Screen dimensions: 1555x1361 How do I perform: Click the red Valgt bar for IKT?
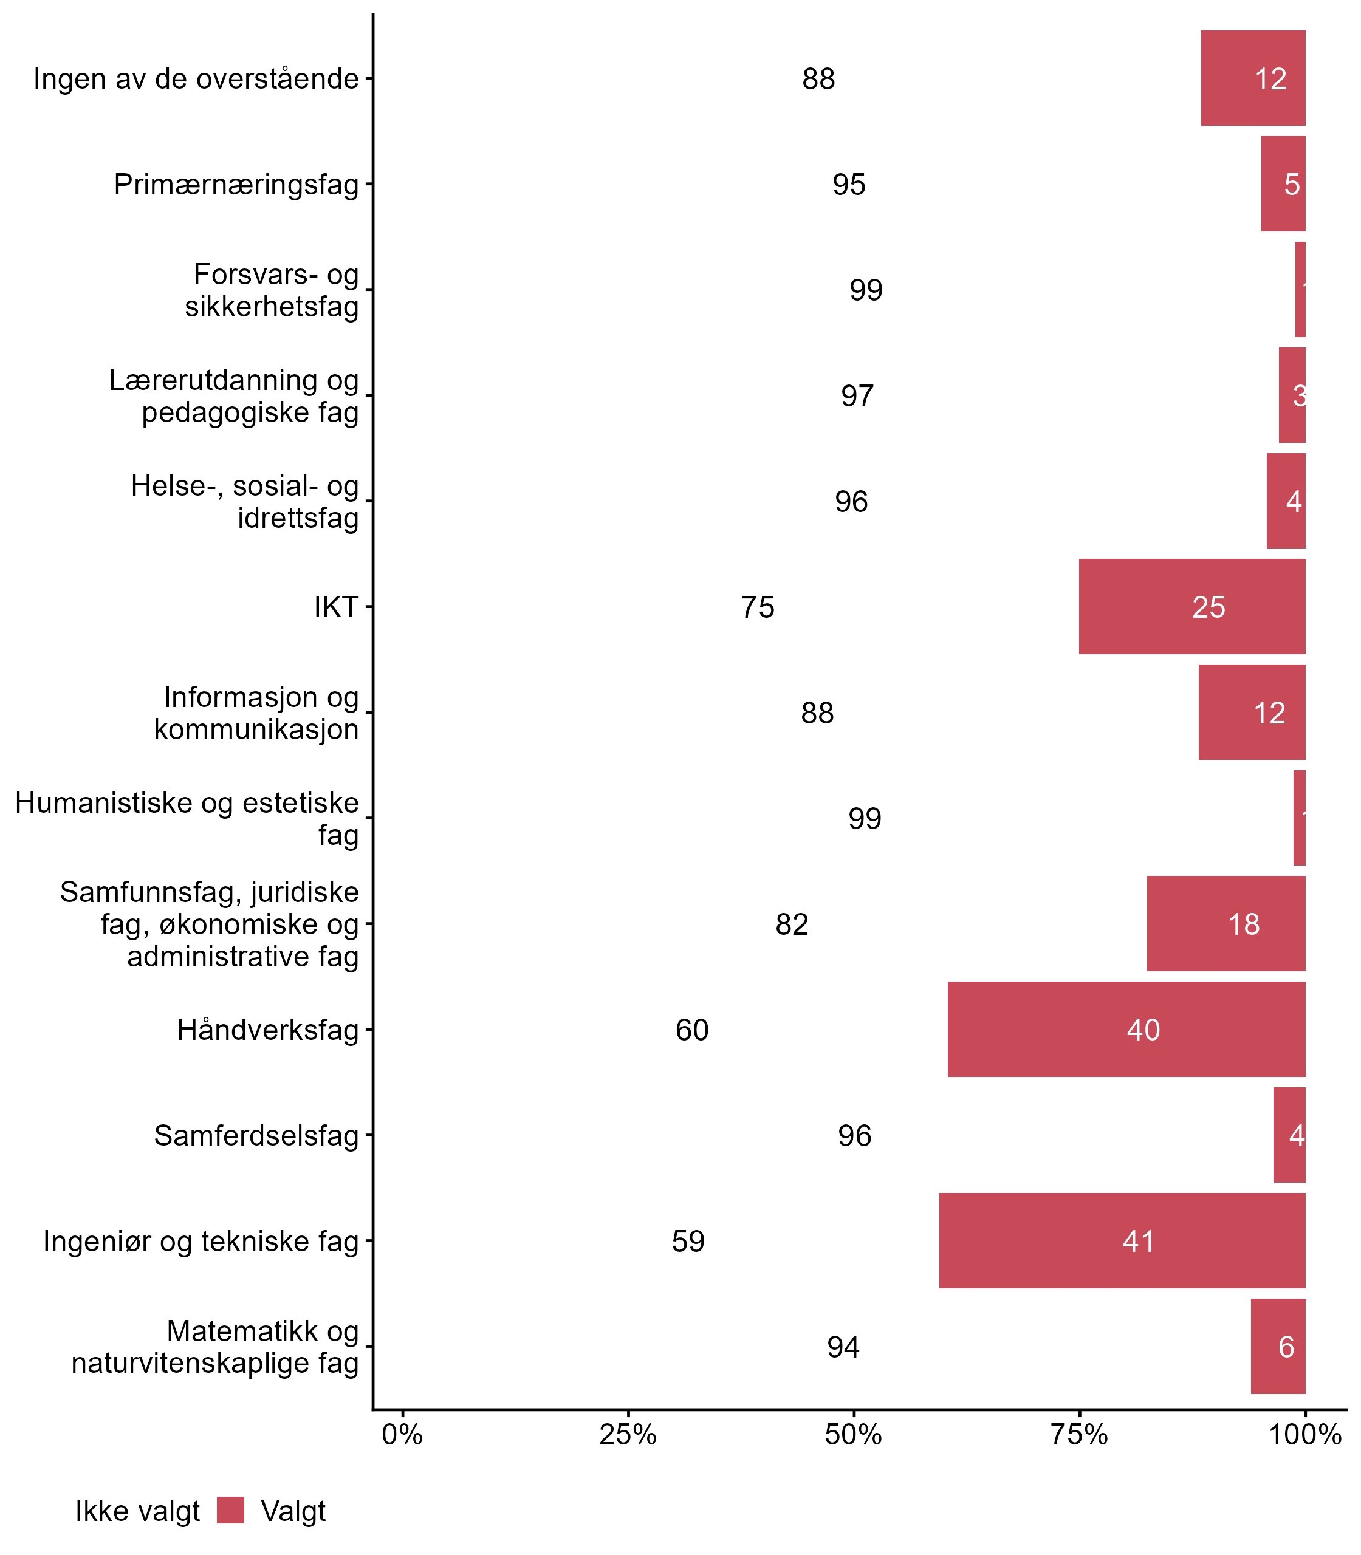point(1191,607)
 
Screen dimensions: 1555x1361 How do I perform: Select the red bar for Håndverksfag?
point(1126,1030)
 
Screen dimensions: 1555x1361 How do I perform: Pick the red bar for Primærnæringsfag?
point(1283,185)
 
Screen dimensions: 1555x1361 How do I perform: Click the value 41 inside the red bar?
point(1139,1242)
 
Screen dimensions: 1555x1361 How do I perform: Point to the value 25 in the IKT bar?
point(1208,607)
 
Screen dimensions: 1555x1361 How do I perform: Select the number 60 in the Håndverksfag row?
point(692,1030)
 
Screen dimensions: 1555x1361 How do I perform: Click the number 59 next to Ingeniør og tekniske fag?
point(688,1242)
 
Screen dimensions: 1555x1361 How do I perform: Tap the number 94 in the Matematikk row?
point(843,1347)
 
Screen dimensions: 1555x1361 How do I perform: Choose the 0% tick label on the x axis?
point(402,1435)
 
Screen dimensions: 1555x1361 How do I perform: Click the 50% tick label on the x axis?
point(854,1435)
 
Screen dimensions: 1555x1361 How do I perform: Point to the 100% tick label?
point(1305,1435)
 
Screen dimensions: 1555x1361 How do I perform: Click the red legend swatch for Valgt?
point(230,1510)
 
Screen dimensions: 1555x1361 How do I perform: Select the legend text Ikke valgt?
point(137,1512)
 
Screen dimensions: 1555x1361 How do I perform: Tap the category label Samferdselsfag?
point(256,1136)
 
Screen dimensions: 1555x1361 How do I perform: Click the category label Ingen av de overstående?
point(196,79)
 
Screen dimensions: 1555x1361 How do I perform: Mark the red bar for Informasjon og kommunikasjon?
point(1252,712)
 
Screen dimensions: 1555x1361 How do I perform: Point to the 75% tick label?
point(1079,1435)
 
